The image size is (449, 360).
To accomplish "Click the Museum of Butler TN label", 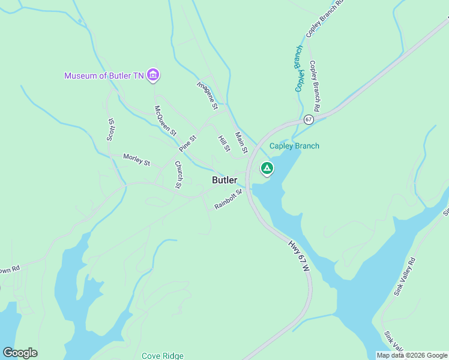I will pyautogui.click(x=104, y=76).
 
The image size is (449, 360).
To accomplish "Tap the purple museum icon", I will pyautogui.click(x=153, y=75).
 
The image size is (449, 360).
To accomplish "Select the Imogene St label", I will pyautogui.click(x=207, y=95).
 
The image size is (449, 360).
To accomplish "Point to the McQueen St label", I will pyautogui.click(x=165, y=121).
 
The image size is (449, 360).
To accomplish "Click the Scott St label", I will pyautogui.click(x=110, y=129).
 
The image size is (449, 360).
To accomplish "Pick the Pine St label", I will pyautogui.click(x=187, y=144).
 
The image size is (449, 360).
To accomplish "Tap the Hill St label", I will pyautogui.click(x=224, y=143).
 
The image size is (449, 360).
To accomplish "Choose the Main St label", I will pyautogui.click(x=241, y=143).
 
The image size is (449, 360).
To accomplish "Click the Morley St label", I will pyautogui.click(x=136, y=160).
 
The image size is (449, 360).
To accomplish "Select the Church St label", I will pyautogui.click(x=178, y=174).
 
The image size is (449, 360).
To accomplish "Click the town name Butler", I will pyautogui.click(x=224, y=180).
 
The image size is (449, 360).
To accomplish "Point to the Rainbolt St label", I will pyautogui.click(x=228, y=199).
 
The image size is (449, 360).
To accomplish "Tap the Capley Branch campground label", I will pyautogui.click(x=294, y=146).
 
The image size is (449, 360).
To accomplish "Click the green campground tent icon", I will pyautogui.click(x=267, y=169).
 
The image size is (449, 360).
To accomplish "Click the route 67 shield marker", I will pyautogui.click(x=309, y=119).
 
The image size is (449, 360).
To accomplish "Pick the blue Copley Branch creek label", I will pyautogui.click(x=299, y=68).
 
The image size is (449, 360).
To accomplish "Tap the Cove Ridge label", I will pyautogui.click(x=163, y=356).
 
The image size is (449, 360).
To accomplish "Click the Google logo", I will pyautogui.click(x=20, y=353).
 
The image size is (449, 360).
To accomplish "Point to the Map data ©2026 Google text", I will pyautogui.click(x=412, y=355).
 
